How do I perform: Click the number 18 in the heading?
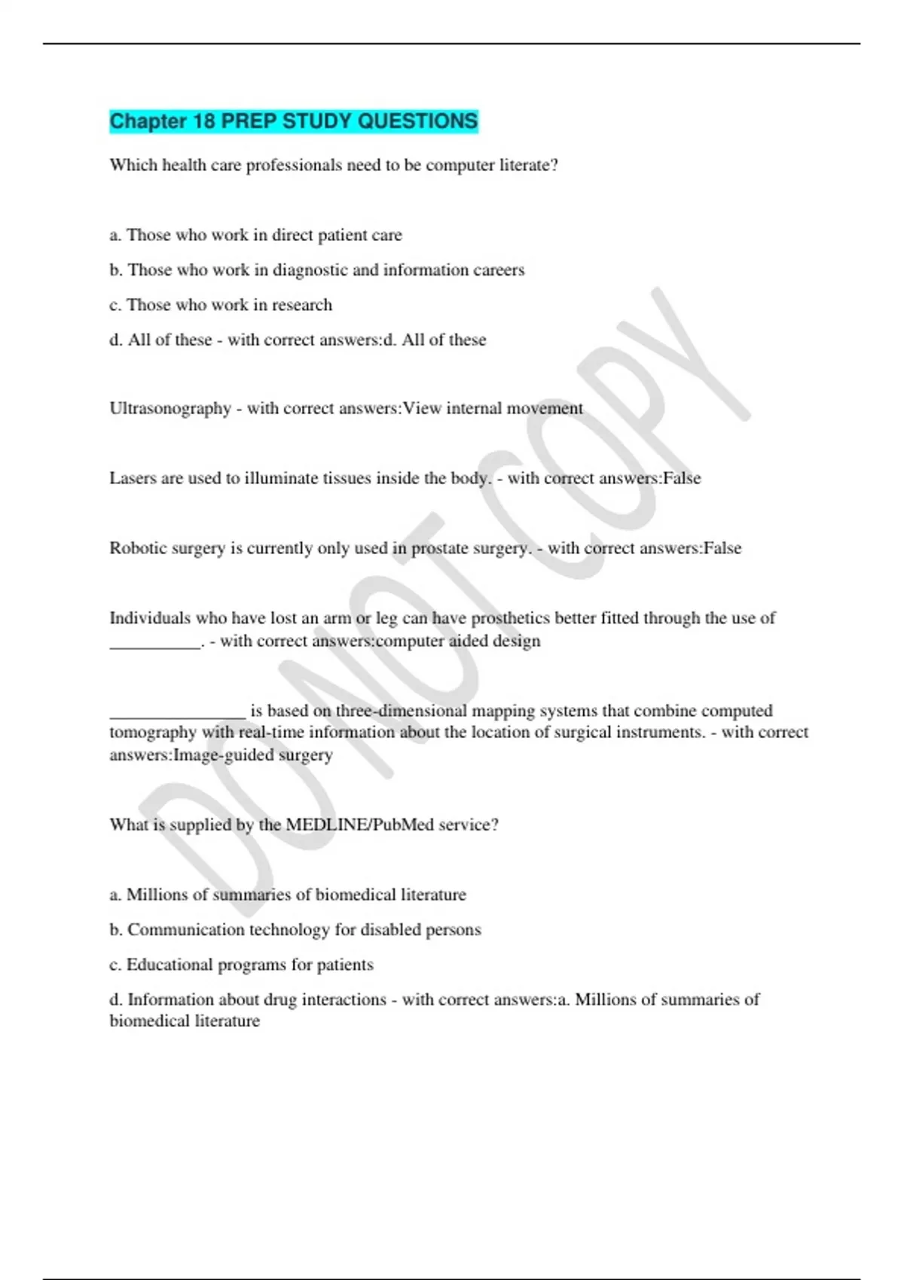[x=203, y=121]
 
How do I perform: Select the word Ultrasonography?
[x=170, y=408]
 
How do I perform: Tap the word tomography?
[x=153, y=733]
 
